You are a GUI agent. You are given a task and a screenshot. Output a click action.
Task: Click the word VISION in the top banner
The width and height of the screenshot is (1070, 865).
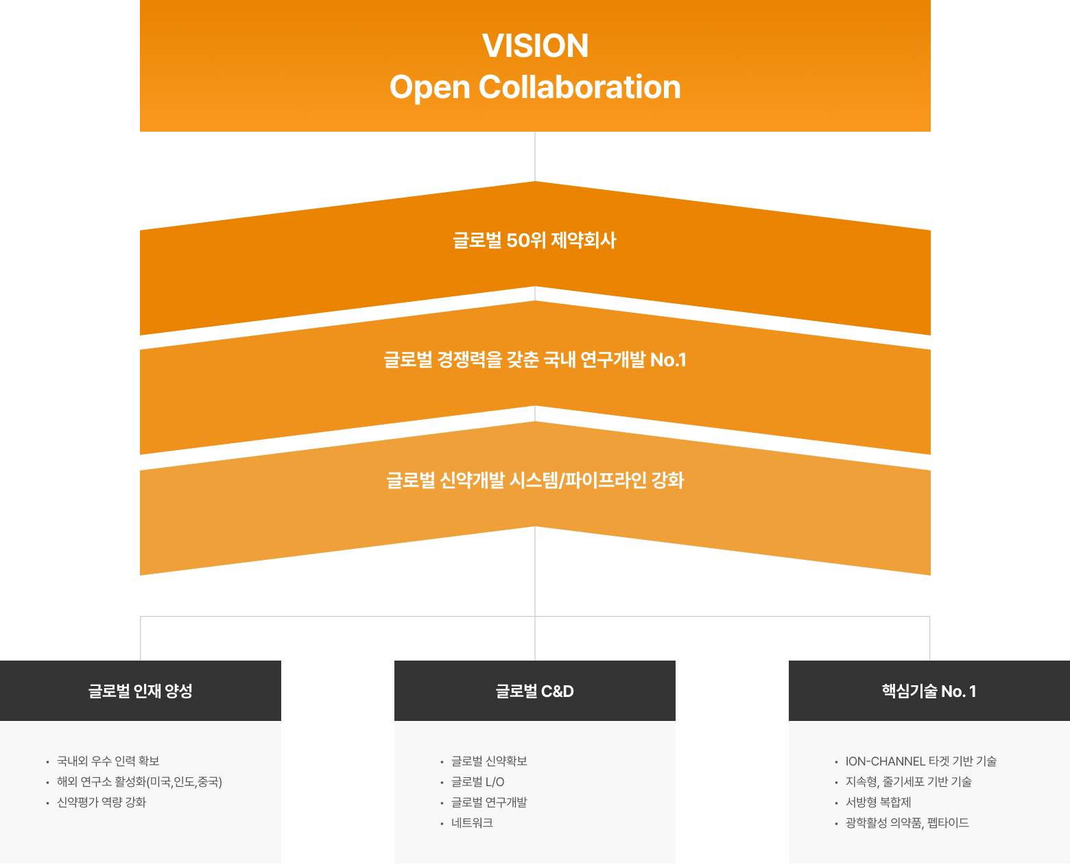click(535, 46)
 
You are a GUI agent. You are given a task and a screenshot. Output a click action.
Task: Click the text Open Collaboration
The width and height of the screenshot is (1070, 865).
click(535, 87)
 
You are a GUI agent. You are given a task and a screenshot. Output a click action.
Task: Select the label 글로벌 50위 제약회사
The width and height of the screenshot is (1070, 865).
click(535, 241)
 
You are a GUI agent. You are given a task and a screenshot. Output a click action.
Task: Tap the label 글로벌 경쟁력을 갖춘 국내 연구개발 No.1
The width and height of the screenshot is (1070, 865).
click(535, 359)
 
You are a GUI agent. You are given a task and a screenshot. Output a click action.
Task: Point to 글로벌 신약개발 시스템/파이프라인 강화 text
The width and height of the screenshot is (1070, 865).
click(535, 480)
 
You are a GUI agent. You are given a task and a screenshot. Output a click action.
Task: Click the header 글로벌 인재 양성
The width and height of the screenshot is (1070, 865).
click(141, 691)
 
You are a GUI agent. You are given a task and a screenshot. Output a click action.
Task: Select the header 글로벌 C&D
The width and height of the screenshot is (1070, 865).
click(535, 691)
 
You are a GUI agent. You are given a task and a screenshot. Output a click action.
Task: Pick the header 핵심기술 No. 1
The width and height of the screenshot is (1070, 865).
click(929, 691)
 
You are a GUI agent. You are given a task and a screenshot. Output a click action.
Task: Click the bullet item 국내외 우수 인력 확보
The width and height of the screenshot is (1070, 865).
click(108, 761)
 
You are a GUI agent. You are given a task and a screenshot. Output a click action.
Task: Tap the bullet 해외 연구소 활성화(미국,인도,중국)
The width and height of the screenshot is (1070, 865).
click(139, 781)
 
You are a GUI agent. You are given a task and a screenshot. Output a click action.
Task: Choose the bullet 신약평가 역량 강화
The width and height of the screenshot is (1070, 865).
click(102, 802)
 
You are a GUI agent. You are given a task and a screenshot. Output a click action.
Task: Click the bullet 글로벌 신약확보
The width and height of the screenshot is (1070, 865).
click(489, 761)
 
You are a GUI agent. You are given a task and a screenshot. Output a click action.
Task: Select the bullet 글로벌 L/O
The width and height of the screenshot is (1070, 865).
click(477, 781)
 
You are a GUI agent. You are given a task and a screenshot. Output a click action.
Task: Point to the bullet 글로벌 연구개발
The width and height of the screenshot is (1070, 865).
click(489, 802)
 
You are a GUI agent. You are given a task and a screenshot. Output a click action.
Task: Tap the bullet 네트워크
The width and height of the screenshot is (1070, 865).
click(472, 822)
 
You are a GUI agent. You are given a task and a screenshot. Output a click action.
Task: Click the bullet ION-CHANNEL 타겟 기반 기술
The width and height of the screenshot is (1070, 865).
click(920, 761)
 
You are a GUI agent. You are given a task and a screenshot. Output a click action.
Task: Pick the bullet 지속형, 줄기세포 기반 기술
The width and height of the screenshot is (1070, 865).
click(908, 781)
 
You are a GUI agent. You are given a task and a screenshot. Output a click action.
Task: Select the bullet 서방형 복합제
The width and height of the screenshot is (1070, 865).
click(878, 802)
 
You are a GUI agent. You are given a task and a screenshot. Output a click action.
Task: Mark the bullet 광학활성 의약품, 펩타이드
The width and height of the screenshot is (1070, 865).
click(907, 822)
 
